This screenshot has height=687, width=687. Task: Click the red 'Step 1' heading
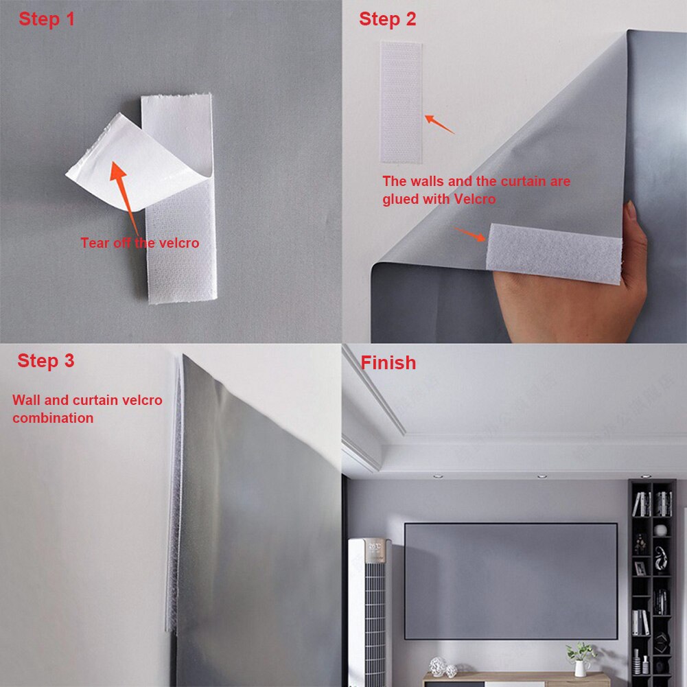click(47, 19)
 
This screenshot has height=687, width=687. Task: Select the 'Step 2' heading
click(387, 19)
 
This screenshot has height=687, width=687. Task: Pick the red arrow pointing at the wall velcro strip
click(439, 124)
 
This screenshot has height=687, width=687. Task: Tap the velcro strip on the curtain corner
click(552, 251)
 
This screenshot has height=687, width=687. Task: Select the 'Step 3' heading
click(46, 360)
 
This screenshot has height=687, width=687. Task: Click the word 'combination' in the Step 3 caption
click(53, 418)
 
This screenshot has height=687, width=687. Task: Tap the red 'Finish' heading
click(388, 362)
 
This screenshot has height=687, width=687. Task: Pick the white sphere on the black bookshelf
click(660, 530)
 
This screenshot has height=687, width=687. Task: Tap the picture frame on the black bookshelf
click(640, 568)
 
